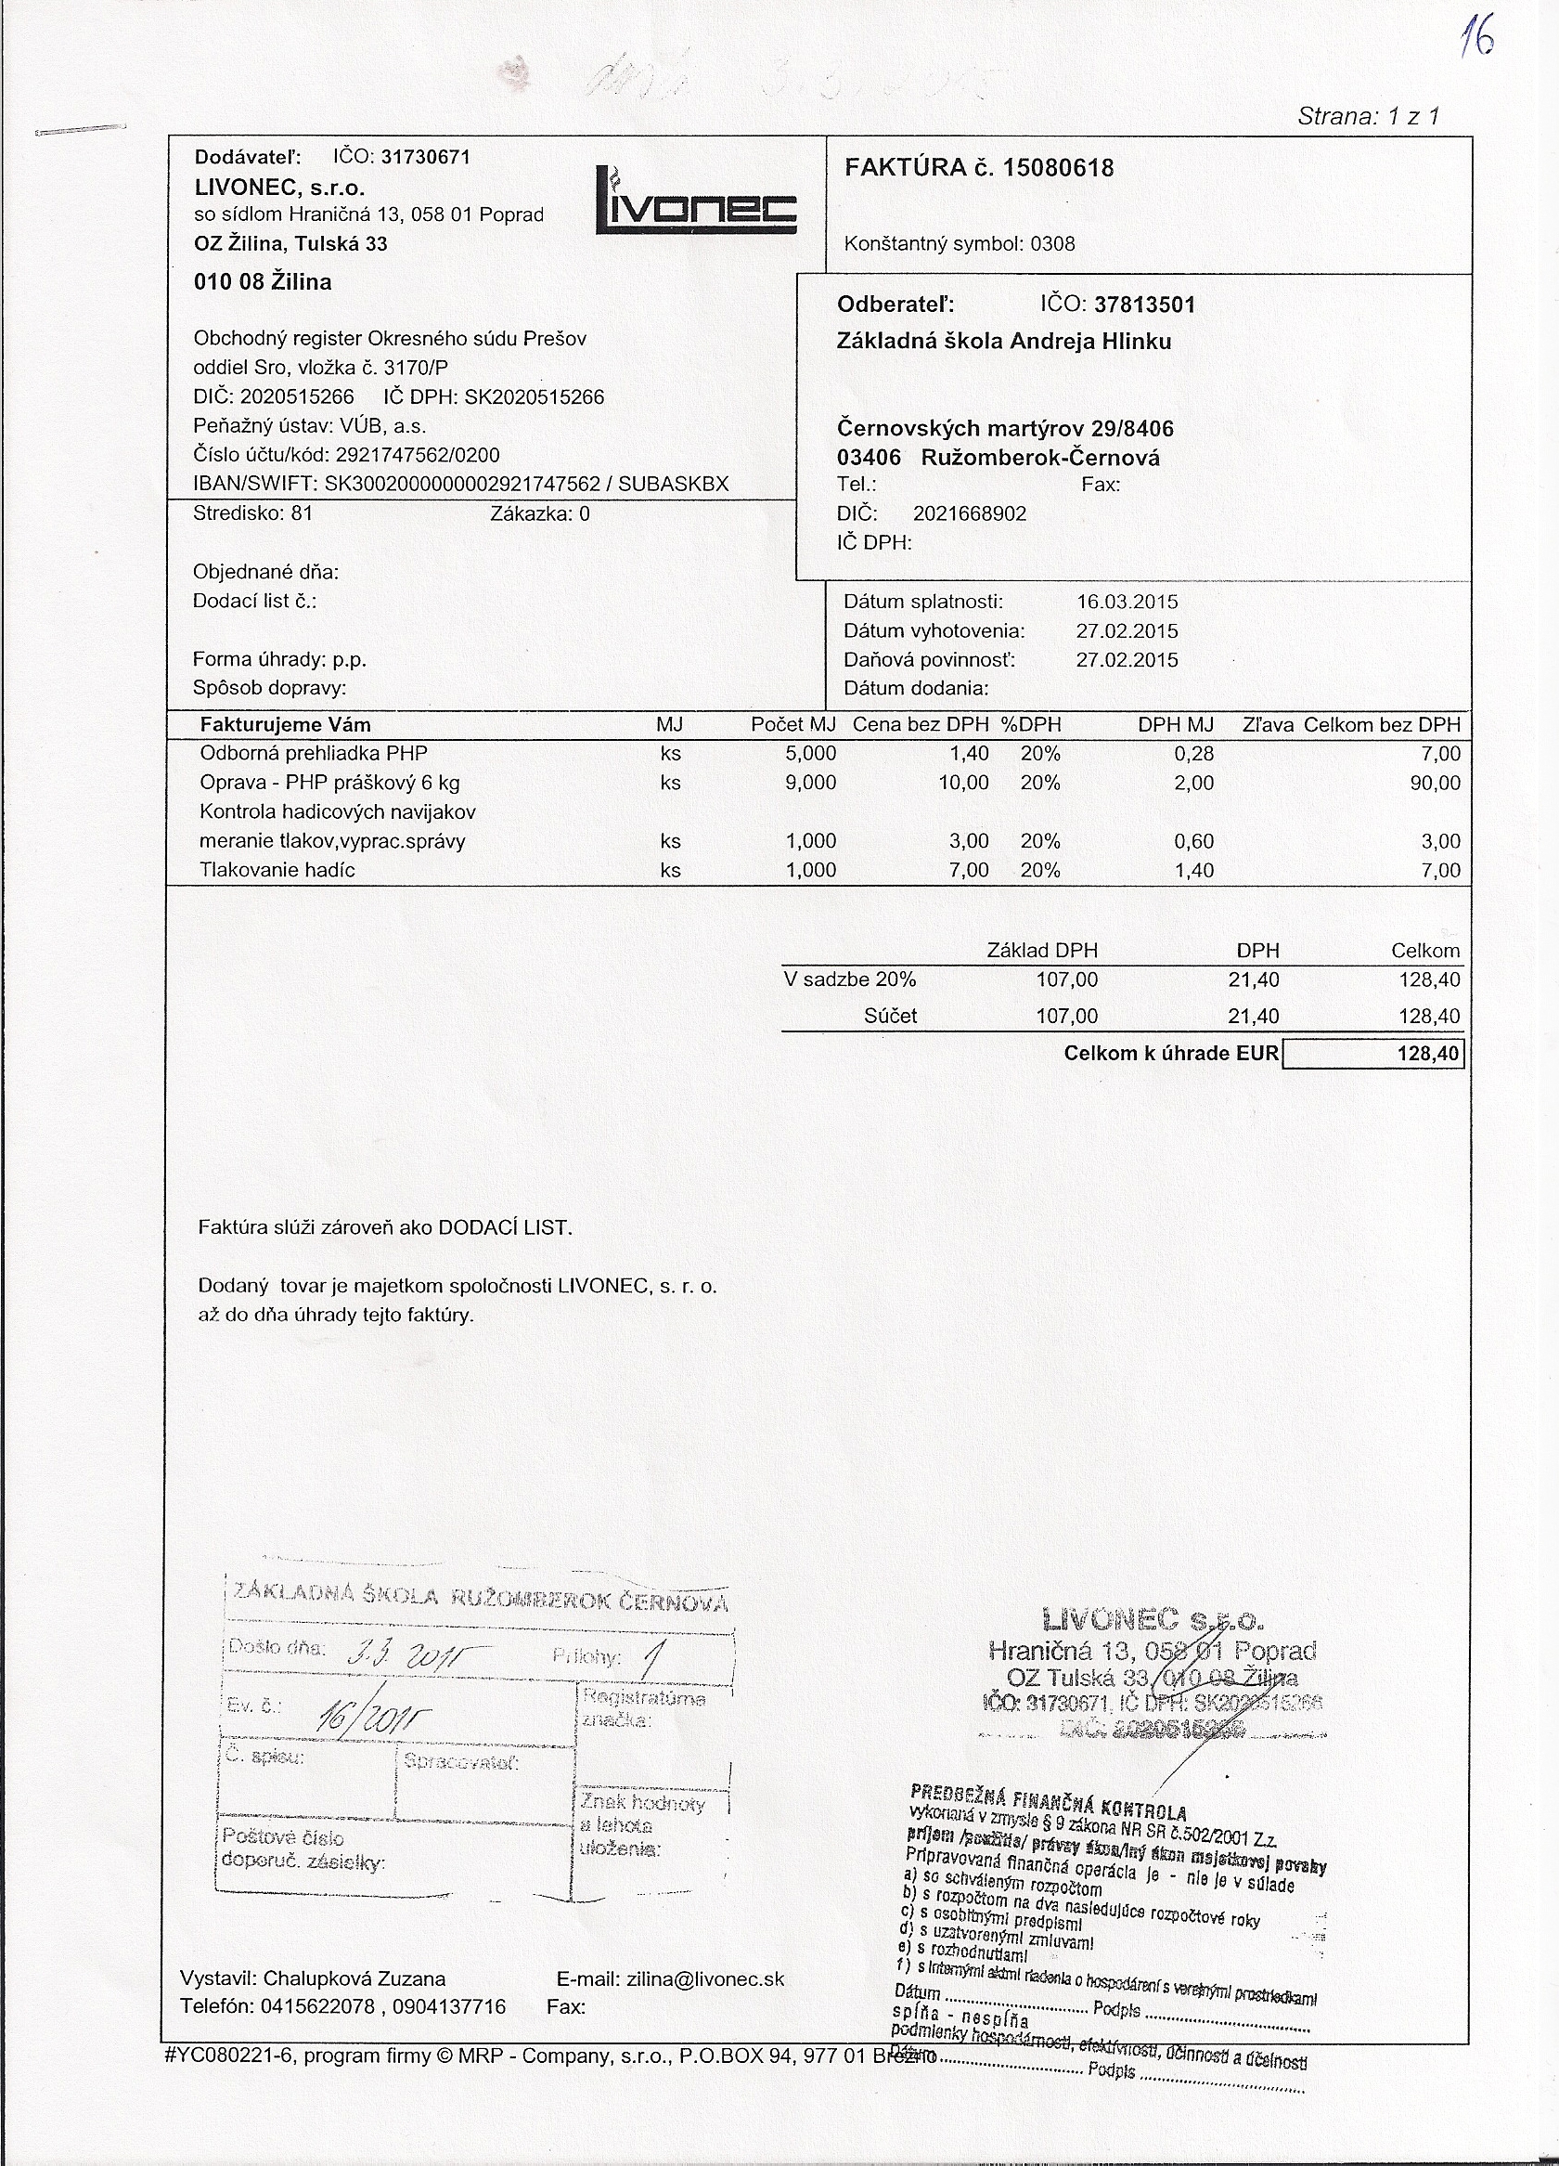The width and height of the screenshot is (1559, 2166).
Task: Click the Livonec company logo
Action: (x=696, y=202)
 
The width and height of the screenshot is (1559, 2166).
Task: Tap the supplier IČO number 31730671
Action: (x=426, y=157)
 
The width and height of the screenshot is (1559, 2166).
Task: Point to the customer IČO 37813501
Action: (x=1143, y=305)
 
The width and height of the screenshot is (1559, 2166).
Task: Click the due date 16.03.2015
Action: (x=1127, y=603)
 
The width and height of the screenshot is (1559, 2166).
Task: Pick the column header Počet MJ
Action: (x=792, y=725)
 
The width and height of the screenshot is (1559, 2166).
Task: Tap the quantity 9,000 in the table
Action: (x=809, y=784)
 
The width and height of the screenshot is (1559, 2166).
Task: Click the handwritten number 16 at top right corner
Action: (x=1477, y=40)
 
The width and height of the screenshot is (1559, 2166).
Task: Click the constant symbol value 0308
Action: (x=1052, y=243)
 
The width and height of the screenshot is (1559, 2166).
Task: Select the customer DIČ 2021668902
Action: (x=969, y=513)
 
